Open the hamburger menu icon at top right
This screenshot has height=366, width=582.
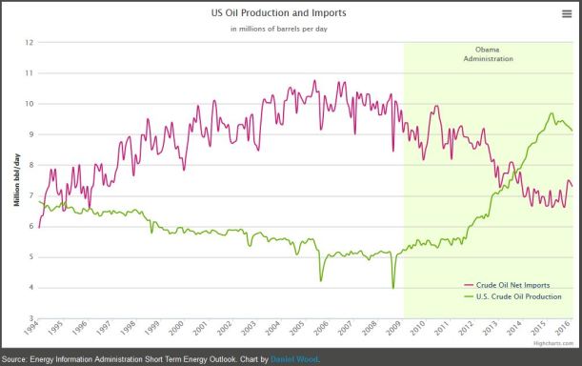(566, 13)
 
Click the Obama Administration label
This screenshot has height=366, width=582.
(488, 54)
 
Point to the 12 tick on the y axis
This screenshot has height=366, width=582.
(30, 43)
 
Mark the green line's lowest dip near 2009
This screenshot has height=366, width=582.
(392, 286)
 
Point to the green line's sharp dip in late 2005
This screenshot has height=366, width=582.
(321, 279)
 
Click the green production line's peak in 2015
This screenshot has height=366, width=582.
(552, 113)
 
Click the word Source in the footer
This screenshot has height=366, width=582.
(17, 359)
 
